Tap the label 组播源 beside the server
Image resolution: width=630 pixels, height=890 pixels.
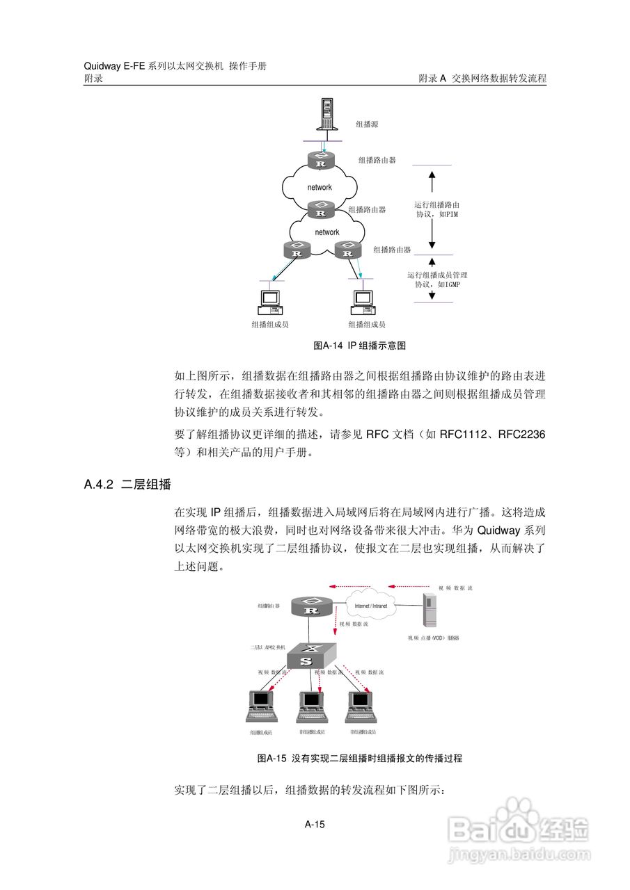[x=367, y=124]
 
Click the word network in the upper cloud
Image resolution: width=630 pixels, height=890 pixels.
[x=320, y=187]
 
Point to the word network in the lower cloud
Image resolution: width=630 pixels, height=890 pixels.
[x=326, y=232]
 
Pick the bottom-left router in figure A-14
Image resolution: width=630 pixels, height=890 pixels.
[x=297, y=250]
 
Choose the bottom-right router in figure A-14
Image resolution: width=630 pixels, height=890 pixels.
[x=347, y=250]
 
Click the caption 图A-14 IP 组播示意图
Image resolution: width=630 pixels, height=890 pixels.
[x=360, y=346]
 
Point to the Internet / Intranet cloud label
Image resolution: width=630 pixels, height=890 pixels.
[x=371, y=606]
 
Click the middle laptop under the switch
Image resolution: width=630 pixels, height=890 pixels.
[x=310, y=707]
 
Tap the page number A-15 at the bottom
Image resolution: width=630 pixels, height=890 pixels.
[x=315, y=825]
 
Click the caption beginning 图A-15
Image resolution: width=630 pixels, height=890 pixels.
[x=360, y=759]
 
